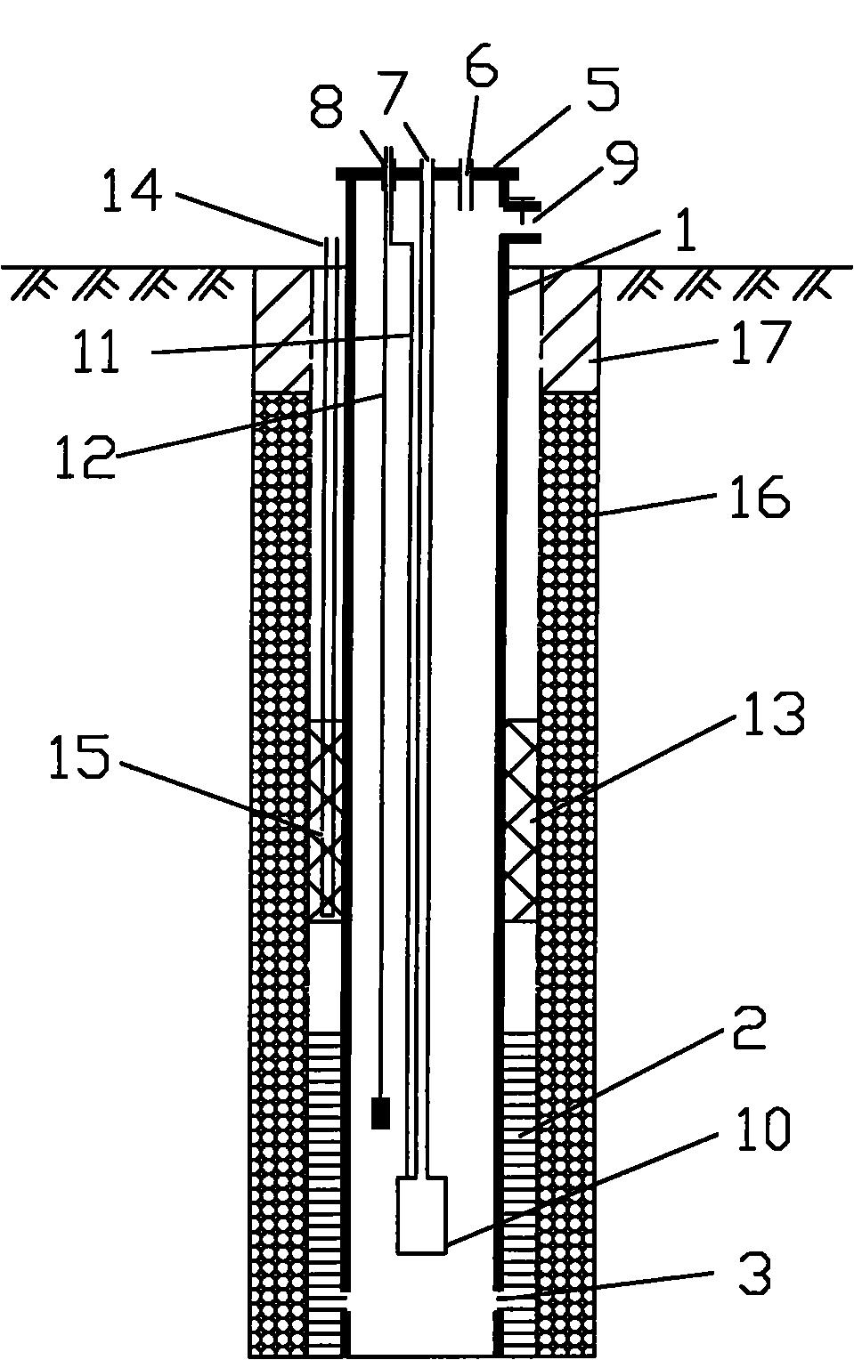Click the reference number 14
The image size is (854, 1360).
(133, 192)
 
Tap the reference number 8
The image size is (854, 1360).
(326, 107)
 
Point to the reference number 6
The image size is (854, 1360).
(482, 62)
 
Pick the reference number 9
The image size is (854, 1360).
(619, 163)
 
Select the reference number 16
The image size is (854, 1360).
(760, 496)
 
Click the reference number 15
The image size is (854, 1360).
(79, 757)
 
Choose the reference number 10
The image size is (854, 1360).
(763, 1129)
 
